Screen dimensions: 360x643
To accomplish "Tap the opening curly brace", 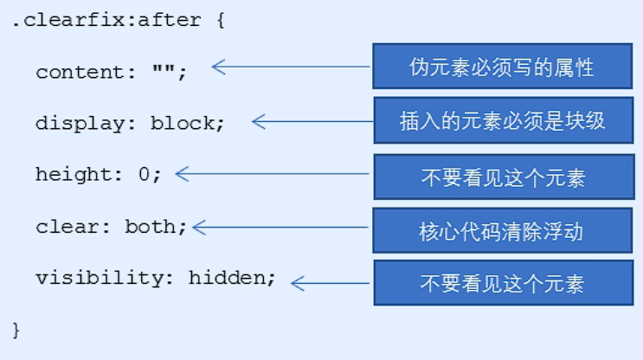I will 219,20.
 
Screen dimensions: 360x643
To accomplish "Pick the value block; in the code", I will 187,123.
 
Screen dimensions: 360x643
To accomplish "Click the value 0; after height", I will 150,174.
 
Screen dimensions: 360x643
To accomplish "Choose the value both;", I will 156,227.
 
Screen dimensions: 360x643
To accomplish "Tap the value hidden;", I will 232,279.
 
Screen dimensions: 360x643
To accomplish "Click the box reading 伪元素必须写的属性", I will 503,67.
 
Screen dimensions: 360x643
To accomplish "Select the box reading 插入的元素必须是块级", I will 503,119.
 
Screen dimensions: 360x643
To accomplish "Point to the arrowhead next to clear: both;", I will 199,228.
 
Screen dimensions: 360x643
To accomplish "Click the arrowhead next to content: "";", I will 217,67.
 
